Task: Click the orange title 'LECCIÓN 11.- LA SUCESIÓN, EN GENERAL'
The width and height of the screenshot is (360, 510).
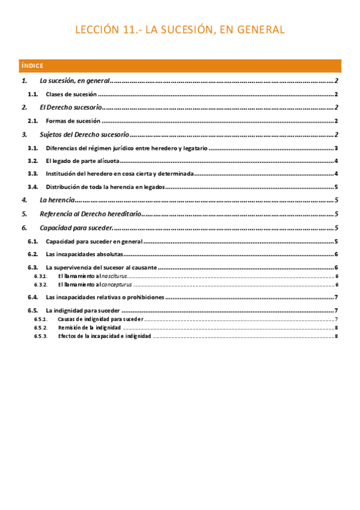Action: pos(180,30)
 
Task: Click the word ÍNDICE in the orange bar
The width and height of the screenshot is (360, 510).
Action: pos(32,66)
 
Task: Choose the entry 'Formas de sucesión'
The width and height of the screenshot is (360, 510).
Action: pos(73,121)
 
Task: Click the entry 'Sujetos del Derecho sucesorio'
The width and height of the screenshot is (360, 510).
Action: pos(84,134)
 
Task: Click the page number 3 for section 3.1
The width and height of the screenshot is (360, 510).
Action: pos(337,148)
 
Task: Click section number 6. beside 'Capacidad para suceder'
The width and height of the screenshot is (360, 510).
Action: pos(24,228)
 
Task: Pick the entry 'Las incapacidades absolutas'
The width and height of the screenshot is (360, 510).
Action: pos(84,254)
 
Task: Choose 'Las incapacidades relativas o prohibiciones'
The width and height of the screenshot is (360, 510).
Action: pos(105,297)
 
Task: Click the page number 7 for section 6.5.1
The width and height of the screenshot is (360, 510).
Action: pos(337,319)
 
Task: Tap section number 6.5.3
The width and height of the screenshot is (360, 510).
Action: pos(40,336)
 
